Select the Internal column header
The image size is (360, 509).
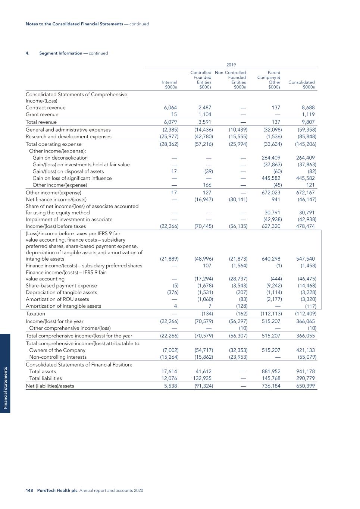170,85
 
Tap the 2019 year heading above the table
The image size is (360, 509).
231,65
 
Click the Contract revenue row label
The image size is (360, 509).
46,108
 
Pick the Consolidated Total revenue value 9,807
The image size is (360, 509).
308,122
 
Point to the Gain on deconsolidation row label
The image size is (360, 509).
60,158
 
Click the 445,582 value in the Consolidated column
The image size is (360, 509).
305,178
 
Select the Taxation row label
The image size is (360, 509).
35,314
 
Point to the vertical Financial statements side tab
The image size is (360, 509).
5,388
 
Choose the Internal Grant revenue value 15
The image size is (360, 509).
174,114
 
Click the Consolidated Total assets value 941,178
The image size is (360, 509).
305,371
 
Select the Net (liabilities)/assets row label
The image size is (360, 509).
50,386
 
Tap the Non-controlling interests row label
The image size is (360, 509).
58,357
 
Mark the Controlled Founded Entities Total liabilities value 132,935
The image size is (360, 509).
204,378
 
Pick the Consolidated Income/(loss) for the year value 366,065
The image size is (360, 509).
305,321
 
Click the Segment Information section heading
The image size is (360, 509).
61,53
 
